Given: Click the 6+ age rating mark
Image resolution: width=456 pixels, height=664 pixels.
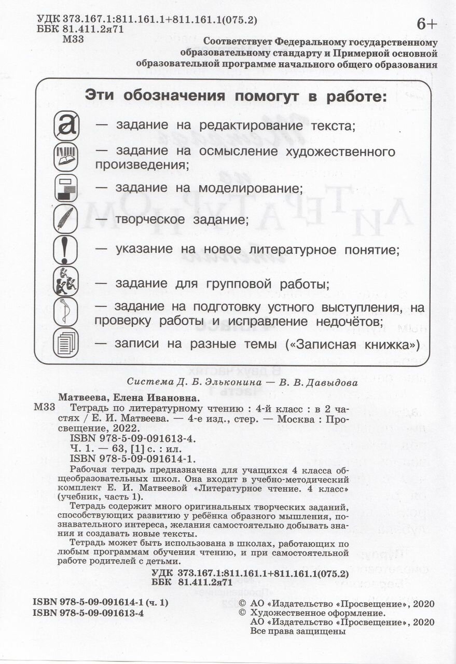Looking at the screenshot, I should [x=427, y=24].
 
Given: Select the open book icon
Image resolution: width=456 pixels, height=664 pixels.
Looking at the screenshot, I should [x=66, y=157].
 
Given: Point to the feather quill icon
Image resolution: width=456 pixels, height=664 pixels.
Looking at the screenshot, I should [x=66, y=219].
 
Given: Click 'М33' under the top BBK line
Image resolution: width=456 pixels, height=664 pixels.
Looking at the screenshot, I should [x=71, y=39].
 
